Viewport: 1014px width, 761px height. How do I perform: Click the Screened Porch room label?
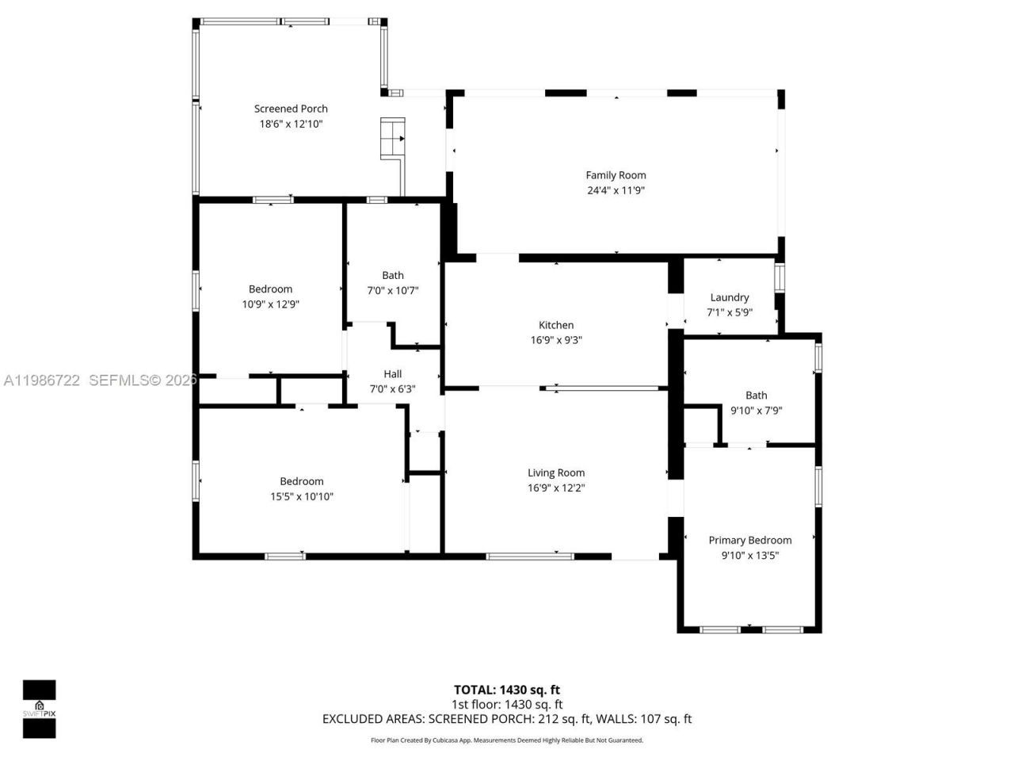(x=291, y=109)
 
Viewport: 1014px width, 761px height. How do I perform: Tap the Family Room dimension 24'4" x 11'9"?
(x=616, y=190)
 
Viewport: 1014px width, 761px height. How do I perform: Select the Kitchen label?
(x=556, y=325)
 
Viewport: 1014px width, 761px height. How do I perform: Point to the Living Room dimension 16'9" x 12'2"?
(x=556, y=488)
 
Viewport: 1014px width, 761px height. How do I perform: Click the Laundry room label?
(x=729, y=297)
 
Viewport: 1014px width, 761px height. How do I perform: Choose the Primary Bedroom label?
(x=749, y=541)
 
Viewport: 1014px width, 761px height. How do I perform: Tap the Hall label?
(x=393, y=374)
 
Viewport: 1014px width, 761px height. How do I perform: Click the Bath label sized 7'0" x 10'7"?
(x=393, y=276)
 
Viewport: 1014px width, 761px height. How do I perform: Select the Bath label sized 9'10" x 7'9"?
(x=756, y=396)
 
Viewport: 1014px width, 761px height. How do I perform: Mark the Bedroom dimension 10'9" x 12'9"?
(x=270, y=304)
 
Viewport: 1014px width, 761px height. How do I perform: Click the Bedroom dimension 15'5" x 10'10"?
(x=302, y=497)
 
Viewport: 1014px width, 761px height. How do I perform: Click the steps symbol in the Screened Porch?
(x=393, y=139)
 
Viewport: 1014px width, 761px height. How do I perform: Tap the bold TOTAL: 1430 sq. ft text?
(x=506, y=690)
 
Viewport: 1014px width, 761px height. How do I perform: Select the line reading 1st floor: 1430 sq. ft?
(x=506, y=704)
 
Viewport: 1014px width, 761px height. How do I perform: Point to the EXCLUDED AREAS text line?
(x=506, y=719)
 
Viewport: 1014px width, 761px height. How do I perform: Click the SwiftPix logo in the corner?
(x=39, y=709)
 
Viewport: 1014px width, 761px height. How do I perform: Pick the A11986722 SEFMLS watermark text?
(x=99, y=380)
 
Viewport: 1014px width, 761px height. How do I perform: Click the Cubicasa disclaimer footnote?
(x=506, y=740)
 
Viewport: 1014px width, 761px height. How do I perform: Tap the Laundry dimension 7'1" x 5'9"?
(x=729, y=312)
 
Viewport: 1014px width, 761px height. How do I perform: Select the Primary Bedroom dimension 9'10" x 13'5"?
(x=749, y=556)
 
